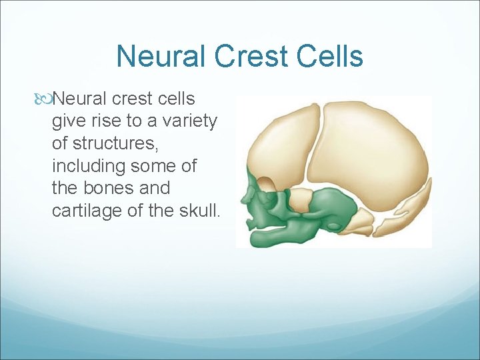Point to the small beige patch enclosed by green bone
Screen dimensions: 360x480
[301, 197]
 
